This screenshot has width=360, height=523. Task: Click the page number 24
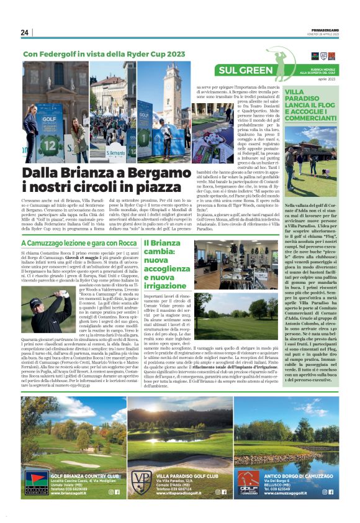tap(25, 32)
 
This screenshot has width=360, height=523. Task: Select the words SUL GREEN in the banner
tap(246, 70)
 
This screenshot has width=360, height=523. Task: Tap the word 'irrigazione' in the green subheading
tap(163, 286)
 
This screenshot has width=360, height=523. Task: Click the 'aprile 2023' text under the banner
tap(326, 80)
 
